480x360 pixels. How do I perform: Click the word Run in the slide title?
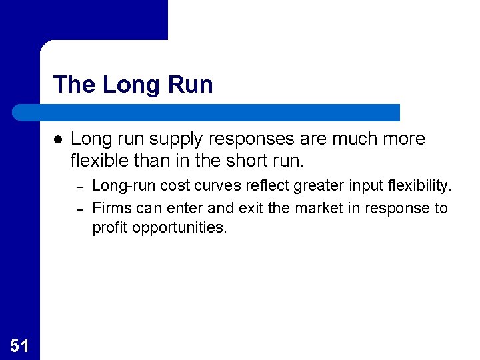tap(191, 85)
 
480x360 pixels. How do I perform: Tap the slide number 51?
tap(19, 345)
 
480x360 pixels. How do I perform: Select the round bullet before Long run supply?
tap(58, 139)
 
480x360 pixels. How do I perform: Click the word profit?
tap(109, 227)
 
